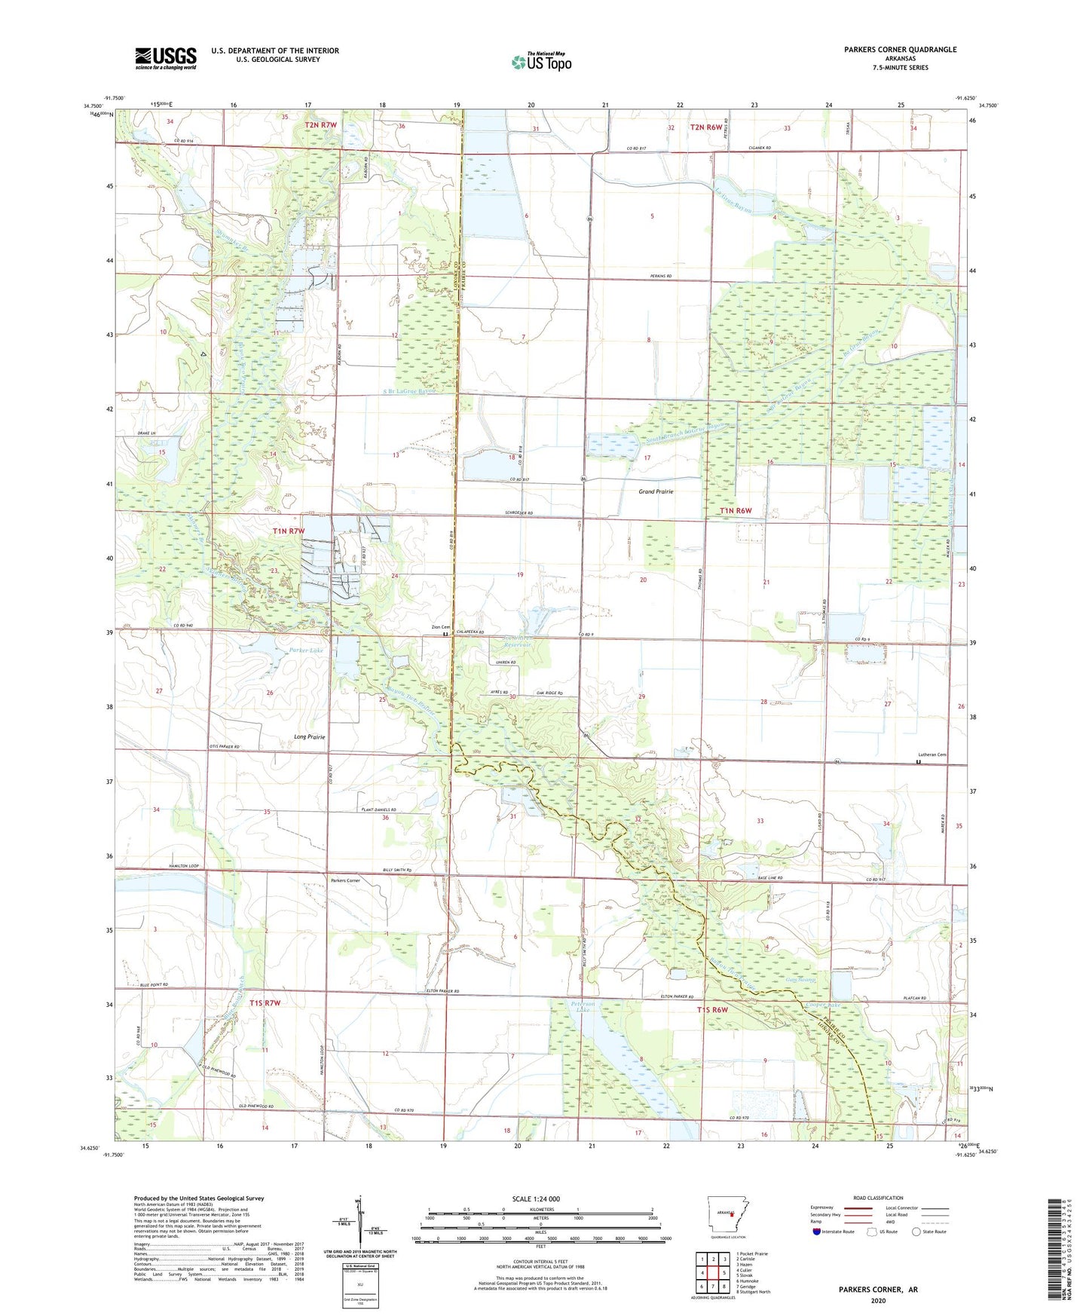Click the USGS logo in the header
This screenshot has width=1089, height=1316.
click(x=166, y=58)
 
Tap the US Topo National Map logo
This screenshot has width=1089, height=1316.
click(x=540, y=62)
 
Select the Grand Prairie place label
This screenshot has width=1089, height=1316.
click(x=656, y=491)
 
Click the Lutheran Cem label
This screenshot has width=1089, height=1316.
click(x=931, y=754)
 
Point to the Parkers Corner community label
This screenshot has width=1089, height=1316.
click(x=345, y=880)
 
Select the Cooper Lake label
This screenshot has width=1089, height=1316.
click(x=822, y=1005)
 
